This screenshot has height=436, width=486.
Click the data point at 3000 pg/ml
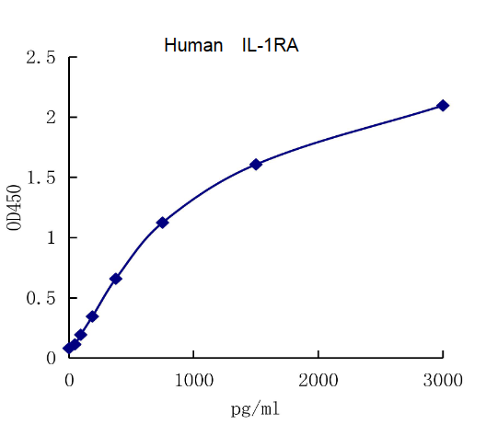coord(443,106)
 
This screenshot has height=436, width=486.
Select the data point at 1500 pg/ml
coord(256,164)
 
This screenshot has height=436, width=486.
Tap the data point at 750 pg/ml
coord(163,223)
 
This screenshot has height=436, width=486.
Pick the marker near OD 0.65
coord(116,278)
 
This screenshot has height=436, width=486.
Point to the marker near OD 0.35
coord(93,316)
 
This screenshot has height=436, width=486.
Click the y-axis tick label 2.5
coord(40,58)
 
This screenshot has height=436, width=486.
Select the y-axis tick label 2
coord(52,118)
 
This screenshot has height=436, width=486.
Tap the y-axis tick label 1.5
coord(40,178)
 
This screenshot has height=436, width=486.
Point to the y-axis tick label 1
coord(52,238)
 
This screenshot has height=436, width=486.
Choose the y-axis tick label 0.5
coord(40,298)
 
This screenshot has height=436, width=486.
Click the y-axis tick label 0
coord(52,358)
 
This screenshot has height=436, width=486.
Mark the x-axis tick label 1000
coord(193,377)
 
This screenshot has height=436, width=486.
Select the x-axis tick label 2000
coord(318,377)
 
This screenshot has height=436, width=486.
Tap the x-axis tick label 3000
coord(443,377)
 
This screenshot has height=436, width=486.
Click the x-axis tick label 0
coord(69,377)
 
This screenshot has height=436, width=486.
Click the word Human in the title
coord(193,45)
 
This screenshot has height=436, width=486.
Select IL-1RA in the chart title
coord(271,45)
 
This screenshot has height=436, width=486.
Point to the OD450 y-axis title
coord(14,209)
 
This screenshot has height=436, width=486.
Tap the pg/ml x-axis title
coord(255,407)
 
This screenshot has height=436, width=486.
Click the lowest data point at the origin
coord(69,348)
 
